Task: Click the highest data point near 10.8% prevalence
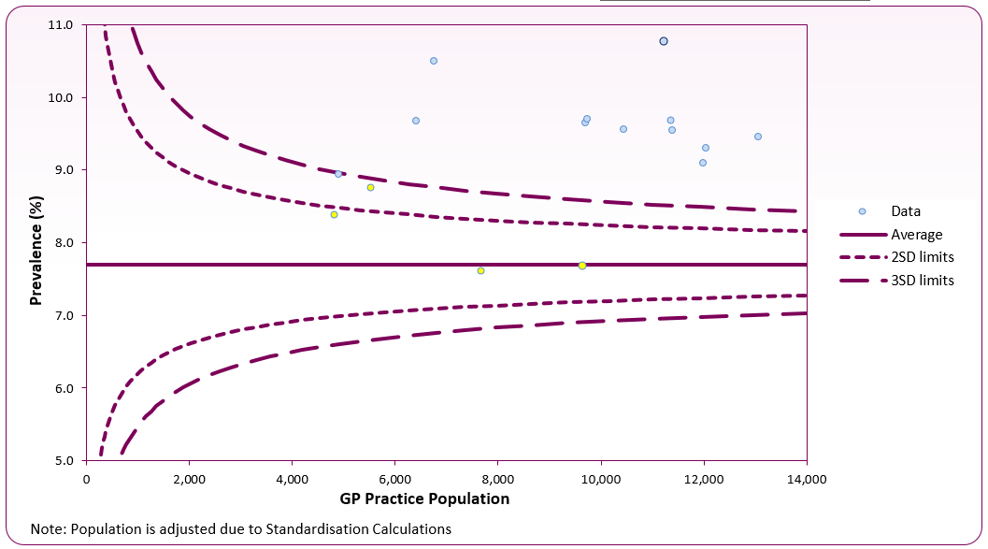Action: (664, 41)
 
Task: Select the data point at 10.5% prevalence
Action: (434, 61)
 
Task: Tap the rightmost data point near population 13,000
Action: (758, 137)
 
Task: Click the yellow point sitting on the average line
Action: (582, 266)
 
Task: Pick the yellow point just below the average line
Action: (480, 270)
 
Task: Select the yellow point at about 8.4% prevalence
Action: (334, 214)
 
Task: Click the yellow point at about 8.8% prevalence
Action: (370, 187)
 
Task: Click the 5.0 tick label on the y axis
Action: (65, 460)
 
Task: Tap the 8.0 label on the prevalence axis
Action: (65, 243)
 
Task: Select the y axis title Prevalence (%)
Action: (36, 242)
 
